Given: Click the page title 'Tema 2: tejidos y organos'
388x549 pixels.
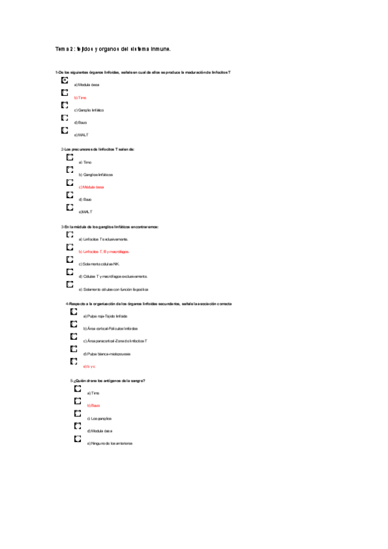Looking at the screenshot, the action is pyautogui.click(x=113, y=49).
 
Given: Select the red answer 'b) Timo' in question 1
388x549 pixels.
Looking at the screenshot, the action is pyautogui.click(x=80, y=97).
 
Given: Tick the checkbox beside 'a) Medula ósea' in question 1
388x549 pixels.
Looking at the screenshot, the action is pyautogui.click(x=64, y=80).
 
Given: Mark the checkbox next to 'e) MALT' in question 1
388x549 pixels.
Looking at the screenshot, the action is pyautogui.click(x=64, y=131).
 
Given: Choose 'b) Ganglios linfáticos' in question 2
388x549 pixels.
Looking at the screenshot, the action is pyautogui.click(x=95, y=175).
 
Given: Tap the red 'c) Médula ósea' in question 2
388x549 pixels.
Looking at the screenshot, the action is pyautogui.click(x=91, y=187).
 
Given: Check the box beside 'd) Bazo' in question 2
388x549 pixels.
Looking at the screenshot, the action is pyautogui.click(x=69, y=195).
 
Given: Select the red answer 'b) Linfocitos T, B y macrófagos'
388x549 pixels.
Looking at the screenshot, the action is pyautogui.click(x=104, y=251).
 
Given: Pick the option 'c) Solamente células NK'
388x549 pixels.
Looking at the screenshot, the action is pyautogui.click(x=99, y=264).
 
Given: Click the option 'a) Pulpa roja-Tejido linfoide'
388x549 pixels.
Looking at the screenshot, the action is pyautogui.click(x=105, y=316).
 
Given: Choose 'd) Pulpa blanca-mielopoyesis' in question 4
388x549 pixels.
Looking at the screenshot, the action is pyautogui.click(x=107, y=354).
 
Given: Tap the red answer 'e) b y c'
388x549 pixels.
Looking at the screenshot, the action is pyautogui.click(x=89, y=366).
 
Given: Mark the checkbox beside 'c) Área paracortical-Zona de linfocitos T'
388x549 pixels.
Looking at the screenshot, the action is pyautogui.click(x=74, y=337).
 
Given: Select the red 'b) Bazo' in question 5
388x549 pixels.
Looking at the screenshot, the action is pyautogui.click(x=93, y=405).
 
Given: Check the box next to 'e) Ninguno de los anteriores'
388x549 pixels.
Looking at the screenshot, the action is pyautogui.click(x=78, y=439).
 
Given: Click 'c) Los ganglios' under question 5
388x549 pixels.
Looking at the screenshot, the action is pyautogui.click(x=99, y=418).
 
